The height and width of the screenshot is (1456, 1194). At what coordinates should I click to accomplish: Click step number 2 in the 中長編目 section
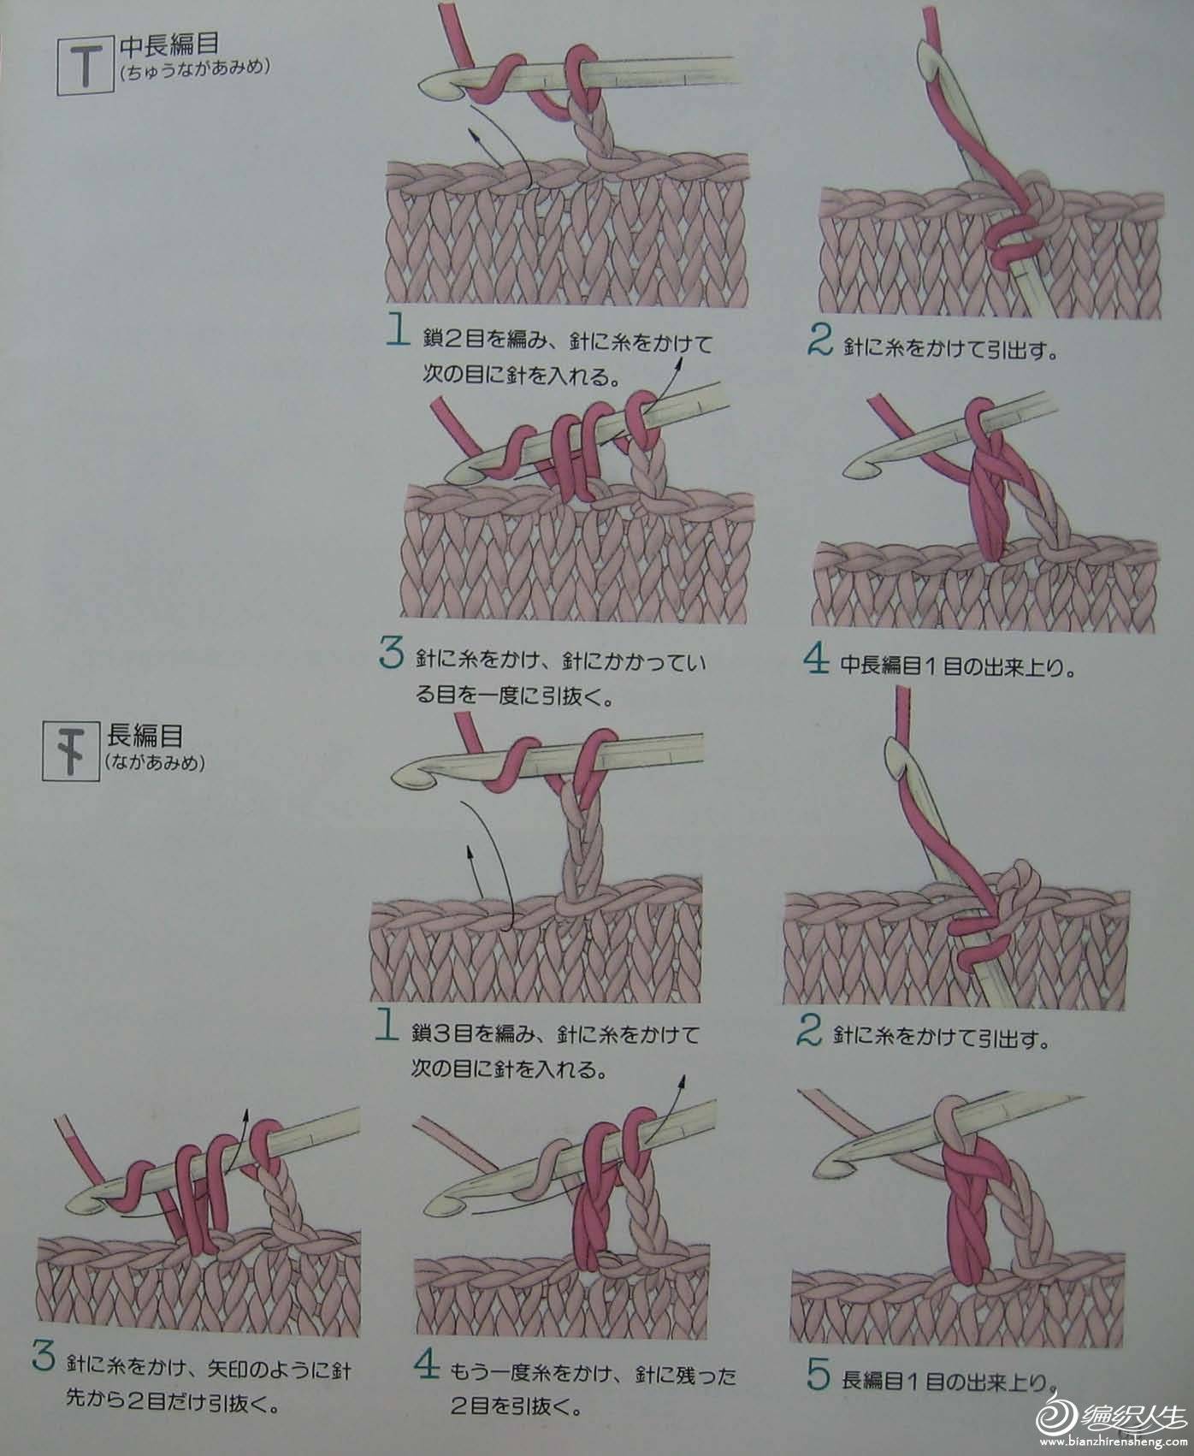pos(819,341)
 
